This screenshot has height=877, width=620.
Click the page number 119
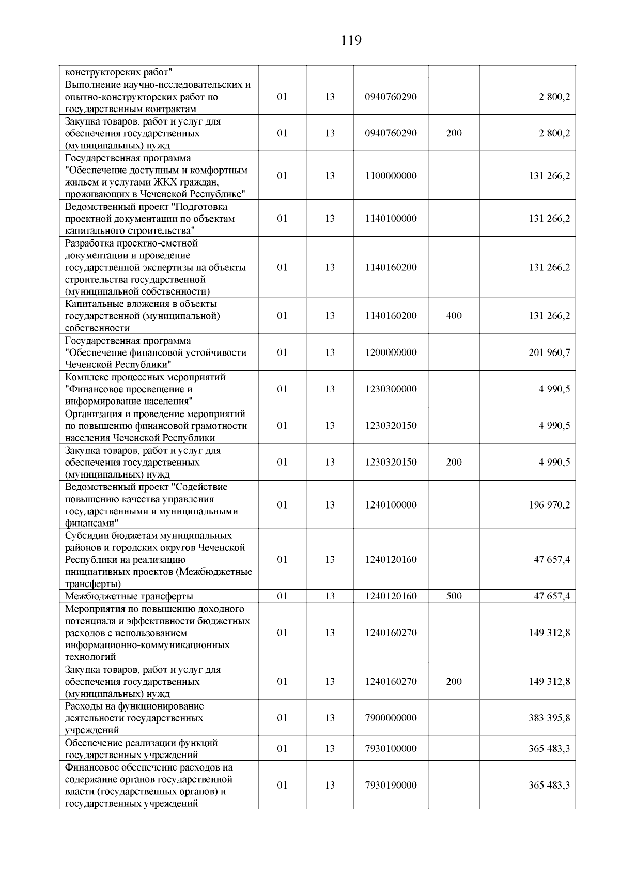(x=351, y=41)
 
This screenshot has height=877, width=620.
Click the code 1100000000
(x=391, y=176)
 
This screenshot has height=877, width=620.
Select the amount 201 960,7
(x=549, y=352)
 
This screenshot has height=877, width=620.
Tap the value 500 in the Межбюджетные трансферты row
(x=454, y=596)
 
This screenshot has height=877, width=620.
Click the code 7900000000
(x=391, y=718)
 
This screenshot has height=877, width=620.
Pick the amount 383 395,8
(x=549, y=718)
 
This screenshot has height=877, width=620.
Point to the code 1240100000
(x=391, y=505)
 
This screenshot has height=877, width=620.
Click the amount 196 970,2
(x=549, y=505)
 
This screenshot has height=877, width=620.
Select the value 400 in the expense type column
(x=454, y=316)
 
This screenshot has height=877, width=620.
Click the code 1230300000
(x=391, y=389)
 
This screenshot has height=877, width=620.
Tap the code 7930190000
(x=391, y=785)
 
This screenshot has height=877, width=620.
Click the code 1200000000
(x=391, y=352)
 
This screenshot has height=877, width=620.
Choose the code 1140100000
(x=391, y=219)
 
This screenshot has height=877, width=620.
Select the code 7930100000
(x=391, y=748)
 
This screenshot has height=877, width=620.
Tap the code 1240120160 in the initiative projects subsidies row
(x=391, y=560)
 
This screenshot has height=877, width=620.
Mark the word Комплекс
(x=85, y=377)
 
